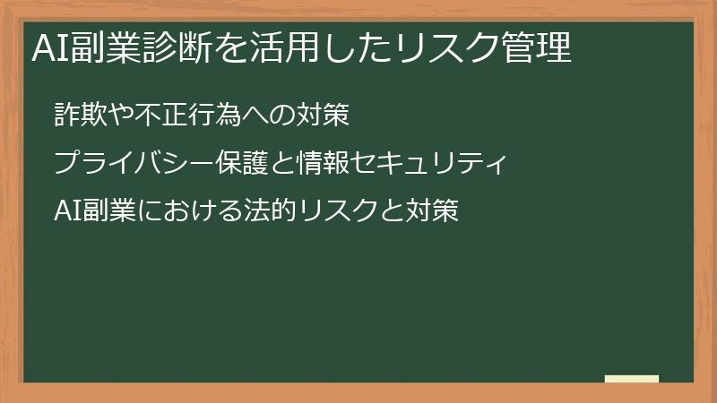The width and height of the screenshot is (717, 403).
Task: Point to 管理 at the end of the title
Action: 541,47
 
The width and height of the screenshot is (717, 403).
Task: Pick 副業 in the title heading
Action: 97,47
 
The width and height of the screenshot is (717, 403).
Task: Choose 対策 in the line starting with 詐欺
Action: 323,116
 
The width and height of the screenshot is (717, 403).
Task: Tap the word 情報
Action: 333,164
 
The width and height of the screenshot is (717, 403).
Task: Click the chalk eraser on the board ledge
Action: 632,379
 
